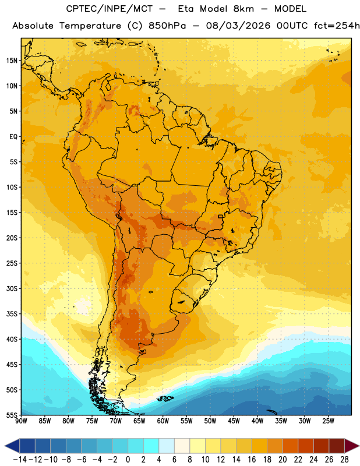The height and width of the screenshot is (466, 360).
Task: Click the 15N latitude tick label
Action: click(12, 61)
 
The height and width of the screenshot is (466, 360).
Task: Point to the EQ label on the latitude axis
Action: click(13, 137)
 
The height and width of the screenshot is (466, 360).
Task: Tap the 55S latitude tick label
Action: click(12, 415)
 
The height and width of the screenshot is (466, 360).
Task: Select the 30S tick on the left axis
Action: click(12, 288)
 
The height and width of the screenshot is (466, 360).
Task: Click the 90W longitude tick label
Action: click(21, 421)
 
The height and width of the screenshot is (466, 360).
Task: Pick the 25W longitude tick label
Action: click(328, 421)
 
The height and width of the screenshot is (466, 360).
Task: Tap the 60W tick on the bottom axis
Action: click(163, 421)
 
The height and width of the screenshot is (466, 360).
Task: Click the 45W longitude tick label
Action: click(234, 421)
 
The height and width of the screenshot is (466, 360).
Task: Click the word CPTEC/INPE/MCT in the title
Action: click(109, 9)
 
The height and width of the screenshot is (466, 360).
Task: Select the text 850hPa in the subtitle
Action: click(167, 26)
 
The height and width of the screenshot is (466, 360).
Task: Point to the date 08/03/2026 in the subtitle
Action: click(238, 26)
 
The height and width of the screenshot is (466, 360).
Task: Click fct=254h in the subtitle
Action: click(337, 26)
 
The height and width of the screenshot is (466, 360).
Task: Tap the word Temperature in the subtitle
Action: click(90, 26)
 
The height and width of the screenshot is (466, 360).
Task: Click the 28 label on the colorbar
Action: click(344, 460)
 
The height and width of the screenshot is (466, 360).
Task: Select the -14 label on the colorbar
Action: click(20, 460)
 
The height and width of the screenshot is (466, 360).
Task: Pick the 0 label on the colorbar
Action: click(128, 460)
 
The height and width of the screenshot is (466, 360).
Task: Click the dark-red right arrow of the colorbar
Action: click(352, 446)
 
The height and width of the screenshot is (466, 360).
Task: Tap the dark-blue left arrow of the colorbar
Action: click(12, 446)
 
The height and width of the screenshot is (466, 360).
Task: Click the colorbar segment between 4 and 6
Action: click(167, 446)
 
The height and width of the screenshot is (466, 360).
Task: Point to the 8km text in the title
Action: click(243, 9)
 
